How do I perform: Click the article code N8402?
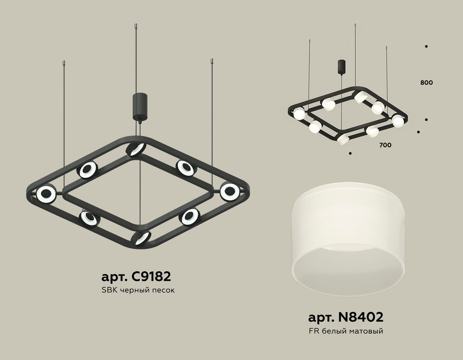coord(345,317)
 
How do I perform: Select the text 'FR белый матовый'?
coord(345,331)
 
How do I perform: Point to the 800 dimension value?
coord(426,83)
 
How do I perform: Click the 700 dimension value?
coord(385,145)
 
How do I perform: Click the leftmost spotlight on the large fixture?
coord(46,194)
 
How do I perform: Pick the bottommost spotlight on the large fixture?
coord(141,238)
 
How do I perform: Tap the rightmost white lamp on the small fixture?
coord(398,121)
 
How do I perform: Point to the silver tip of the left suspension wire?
coord(63,62)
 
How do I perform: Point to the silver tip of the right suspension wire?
coord(212,61)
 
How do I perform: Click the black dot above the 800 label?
coord(426,46)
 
